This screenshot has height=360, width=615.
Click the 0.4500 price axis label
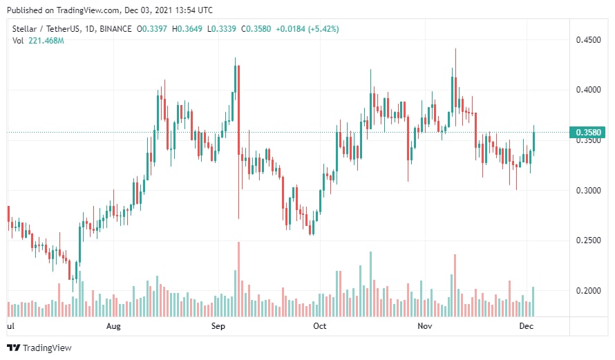[588, 40]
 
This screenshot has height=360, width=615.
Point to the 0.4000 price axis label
[588, 90]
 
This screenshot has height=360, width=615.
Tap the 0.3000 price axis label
[588, 191]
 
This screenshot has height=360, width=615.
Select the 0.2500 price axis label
[588, 240]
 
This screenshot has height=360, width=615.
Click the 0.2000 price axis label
[588, 291]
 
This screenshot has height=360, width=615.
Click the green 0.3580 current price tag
[587, 132]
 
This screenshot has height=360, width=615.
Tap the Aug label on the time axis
[114, 325]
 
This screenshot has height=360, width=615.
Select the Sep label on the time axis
[218, 325]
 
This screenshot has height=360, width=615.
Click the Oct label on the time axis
[319, 325]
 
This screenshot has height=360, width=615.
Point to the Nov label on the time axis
[424, 325]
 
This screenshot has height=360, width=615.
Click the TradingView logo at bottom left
[39, 348]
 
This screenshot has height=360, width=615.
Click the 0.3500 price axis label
[588, 140]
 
